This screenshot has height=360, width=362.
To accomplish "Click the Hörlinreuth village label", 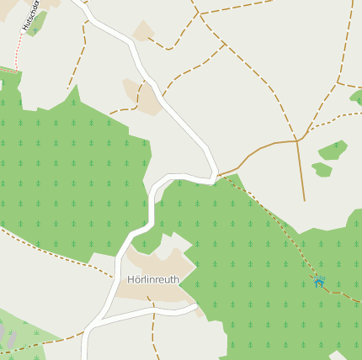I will click(x=153, y=280).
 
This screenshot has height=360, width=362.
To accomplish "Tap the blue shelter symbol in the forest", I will click(x=319, y=281).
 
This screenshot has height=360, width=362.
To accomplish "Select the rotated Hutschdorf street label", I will click(x=31, y=15).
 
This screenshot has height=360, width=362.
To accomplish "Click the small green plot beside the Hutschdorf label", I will click(x=35, y=24).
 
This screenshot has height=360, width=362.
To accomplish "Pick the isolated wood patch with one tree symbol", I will click(x=333, y=151).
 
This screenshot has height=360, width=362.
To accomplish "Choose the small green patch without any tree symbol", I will click(x=322, y=170).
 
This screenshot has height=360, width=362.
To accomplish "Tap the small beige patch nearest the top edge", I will click(x=143, y=32).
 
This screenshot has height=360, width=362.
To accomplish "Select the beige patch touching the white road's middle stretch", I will click(x=144, y=97).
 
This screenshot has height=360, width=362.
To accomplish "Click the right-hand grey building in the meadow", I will click(x=13, y=336).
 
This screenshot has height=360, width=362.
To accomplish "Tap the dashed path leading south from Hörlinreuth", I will click(x=153, y=332).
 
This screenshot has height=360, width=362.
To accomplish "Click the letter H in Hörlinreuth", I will click(x=130, y=280).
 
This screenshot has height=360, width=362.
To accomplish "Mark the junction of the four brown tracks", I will click(x=297, y=140).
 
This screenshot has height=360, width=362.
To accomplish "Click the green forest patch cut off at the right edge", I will click(x=356, y=97).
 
